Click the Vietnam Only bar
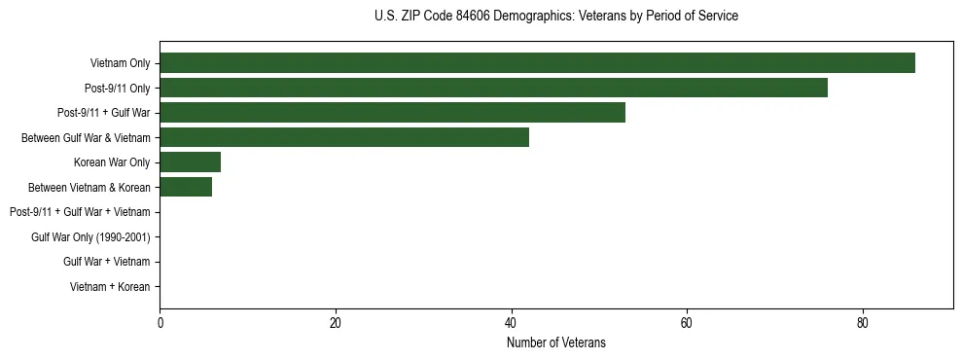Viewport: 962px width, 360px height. [537, 63]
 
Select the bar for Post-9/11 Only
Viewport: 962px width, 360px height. [493, 88]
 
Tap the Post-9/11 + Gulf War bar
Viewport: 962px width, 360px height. [392, 113]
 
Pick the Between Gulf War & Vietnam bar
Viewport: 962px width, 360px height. [344, 137]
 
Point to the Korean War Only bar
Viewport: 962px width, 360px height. [190, 162]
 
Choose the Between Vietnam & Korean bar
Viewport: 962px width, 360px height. [186, 187]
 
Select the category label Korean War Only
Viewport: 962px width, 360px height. [112, 162]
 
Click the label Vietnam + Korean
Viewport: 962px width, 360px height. [110, 287]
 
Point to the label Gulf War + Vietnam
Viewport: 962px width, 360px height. [107, 262]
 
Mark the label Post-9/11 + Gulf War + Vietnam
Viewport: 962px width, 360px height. [80, 212]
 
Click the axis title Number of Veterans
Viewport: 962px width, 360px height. [555, 342]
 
